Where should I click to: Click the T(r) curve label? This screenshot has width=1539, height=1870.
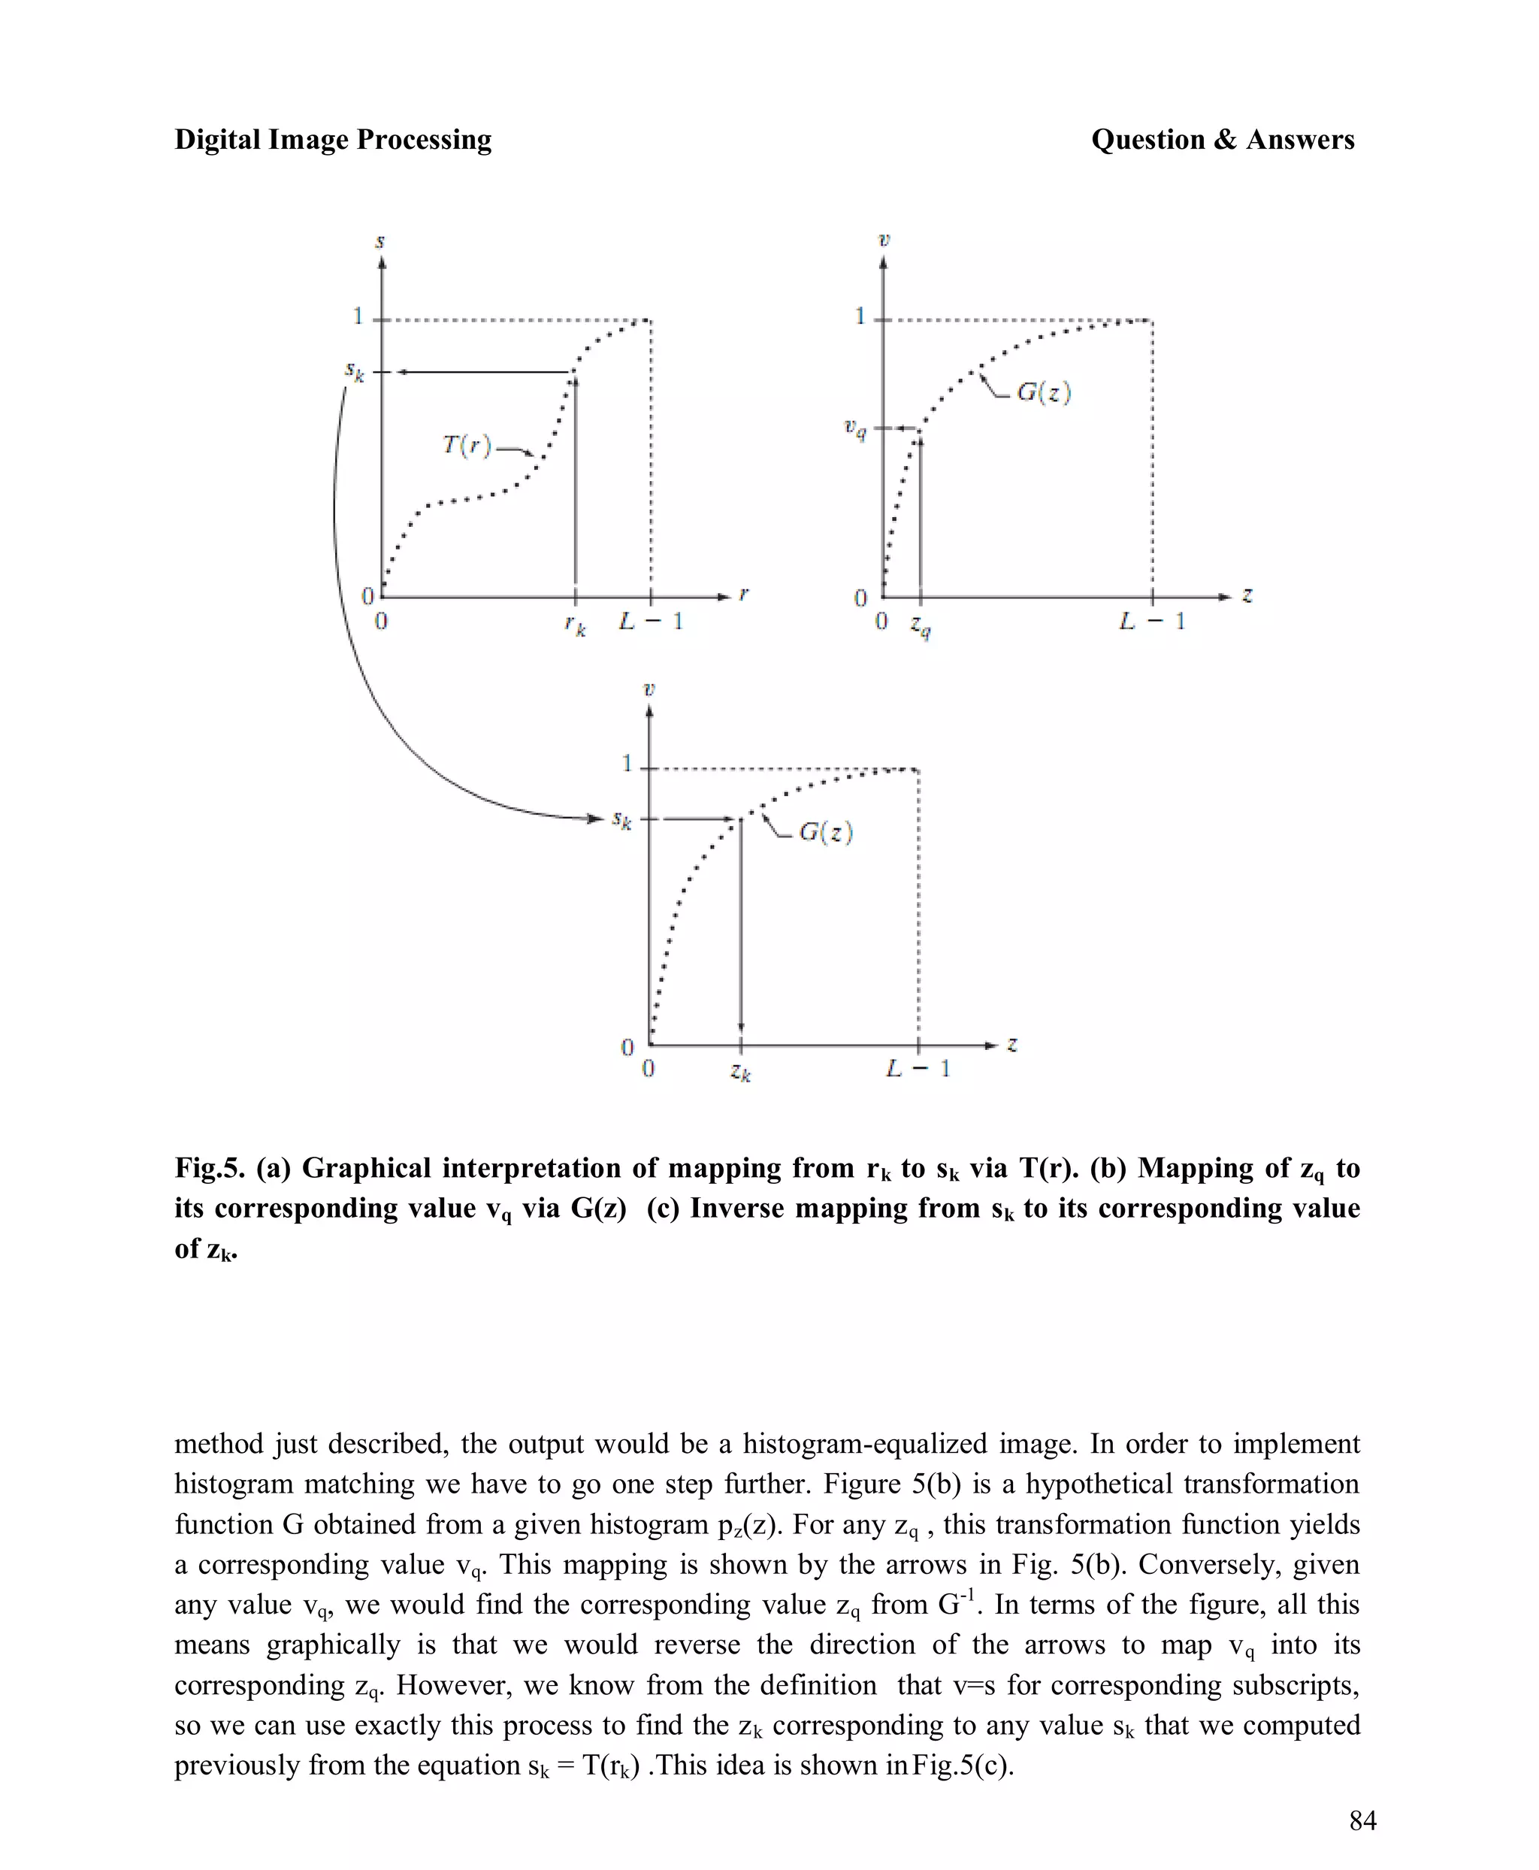point(467,444)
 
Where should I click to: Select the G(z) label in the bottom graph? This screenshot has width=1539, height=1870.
point(825,832)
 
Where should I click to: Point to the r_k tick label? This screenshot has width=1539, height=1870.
point(576,626)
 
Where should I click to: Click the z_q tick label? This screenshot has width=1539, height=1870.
point(921,627)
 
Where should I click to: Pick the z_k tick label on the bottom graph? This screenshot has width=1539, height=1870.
point(741,1073)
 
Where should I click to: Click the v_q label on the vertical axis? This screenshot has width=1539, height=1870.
point(854,430)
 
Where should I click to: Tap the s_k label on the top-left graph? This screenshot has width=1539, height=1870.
point(355,371)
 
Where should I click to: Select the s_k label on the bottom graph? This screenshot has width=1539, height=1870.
point(622,820)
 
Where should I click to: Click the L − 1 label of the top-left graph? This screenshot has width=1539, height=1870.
point(652,622)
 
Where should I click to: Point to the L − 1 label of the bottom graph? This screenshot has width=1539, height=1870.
point(918,1069)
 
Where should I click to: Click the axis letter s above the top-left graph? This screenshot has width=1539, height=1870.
point(380,241)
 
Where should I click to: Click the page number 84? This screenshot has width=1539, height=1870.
point(1362,1820)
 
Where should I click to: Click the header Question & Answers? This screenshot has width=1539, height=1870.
point(1223,139)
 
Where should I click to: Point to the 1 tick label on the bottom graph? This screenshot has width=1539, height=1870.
point(627,764)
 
